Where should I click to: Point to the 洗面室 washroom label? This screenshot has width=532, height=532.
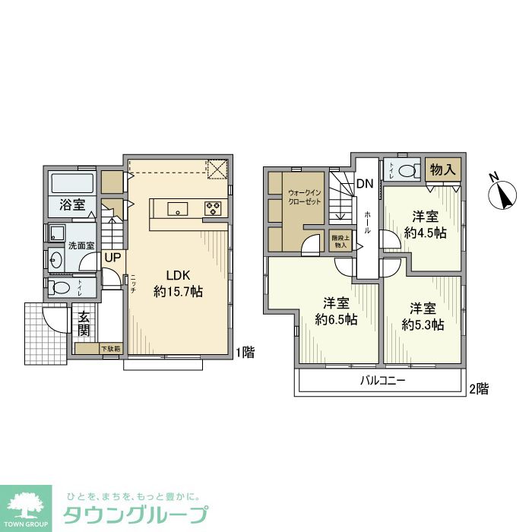tap(81, 245)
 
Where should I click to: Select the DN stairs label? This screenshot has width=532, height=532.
tap(365, 183)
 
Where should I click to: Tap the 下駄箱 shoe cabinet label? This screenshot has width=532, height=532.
tap(110, 349)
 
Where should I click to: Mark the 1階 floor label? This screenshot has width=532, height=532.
tap(245, 352)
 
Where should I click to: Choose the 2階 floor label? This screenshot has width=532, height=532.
tap(478, 389)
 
